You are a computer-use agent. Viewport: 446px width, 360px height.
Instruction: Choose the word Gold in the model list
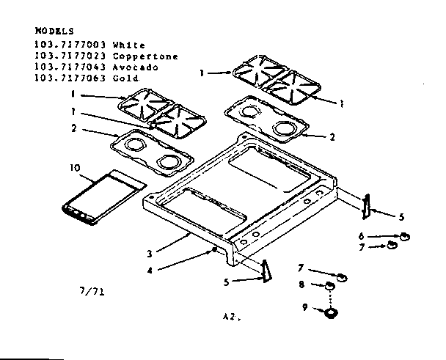(x=126, y=78)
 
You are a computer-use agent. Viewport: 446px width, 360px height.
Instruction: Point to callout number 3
(x=149, y=254)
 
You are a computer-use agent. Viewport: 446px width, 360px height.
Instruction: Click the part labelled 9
(x=331, y=313)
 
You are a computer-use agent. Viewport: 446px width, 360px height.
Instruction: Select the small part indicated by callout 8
(x=331, y=284)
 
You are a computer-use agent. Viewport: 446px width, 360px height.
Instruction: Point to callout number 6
(x=361, y=236)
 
